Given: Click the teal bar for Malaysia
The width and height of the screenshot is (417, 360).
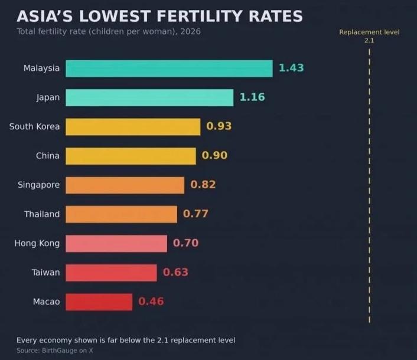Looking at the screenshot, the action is tap(169, 68).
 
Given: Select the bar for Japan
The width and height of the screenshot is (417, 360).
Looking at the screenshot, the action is tap(149, 98).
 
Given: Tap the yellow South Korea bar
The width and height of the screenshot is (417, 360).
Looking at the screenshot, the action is tap(133, 127).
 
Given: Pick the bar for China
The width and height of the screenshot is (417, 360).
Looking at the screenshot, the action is tap(131, 156).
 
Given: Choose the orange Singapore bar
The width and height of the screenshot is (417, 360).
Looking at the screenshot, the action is tap(125, 185).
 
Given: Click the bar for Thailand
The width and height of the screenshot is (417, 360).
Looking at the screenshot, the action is tap(121, 214).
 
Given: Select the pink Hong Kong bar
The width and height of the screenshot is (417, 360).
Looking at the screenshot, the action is tap(116, 243).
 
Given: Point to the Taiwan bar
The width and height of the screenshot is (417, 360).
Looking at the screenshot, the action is tap(111, 273).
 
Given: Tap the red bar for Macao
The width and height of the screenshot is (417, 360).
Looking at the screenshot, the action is tap(99, 302).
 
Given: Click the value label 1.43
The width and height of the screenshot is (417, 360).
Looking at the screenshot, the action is tap(291, 68).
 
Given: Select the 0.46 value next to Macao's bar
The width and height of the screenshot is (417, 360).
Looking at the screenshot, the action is tap(151, 302).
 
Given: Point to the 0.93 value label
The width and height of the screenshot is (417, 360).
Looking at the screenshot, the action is tap(219, 126).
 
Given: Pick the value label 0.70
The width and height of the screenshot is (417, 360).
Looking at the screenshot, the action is tap(185, 243).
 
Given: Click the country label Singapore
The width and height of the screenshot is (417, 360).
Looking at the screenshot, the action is tap(38, 185).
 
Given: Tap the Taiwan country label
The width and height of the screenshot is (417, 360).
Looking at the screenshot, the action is tap(45, 272).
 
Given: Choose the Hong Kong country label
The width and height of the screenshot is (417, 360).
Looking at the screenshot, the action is tap(37, 243).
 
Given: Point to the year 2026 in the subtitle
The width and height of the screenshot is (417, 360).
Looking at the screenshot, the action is tap(190, 31).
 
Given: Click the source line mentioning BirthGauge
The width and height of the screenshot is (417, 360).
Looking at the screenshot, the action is tap(55, 351).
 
